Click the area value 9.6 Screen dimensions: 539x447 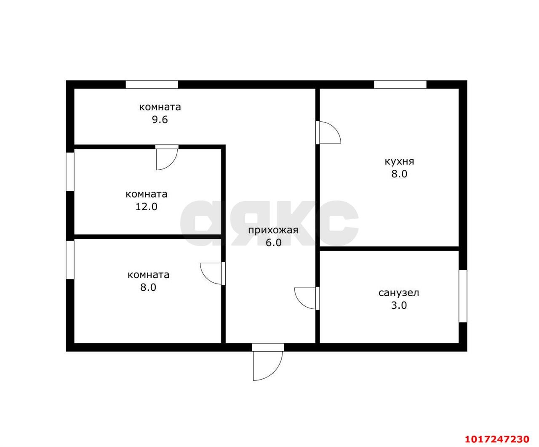(x=160, y=120)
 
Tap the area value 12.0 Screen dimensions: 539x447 (x=147, y=206)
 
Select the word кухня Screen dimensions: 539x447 (x=399, y=162)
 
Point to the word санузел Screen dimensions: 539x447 (x=399, y=293)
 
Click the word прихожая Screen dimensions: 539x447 (x=273, y=230)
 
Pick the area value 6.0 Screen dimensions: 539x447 (x=273, y=243)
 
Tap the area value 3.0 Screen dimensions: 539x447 (x=399, y=305)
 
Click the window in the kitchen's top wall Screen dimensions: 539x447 (x=400, y=84)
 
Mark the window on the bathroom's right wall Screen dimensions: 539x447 (x=463, y=296)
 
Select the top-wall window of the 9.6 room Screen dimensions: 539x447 (x=152, y=84)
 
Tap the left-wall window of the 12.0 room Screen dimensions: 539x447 (x=70, y=172)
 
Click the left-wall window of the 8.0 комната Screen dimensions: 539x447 (x=70, y=260)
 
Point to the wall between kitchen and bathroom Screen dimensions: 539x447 (x=389, y=249)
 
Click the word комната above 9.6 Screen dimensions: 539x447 (x=160, y=107)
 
